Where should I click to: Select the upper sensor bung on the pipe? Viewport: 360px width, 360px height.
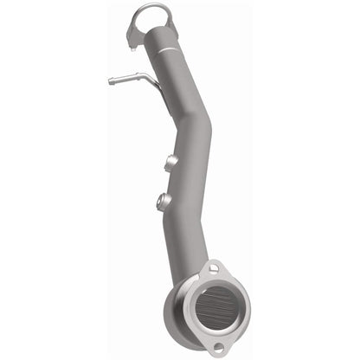170,162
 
